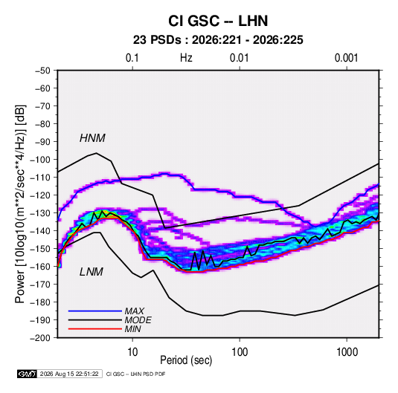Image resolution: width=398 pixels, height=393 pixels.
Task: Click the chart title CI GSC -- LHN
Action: [218, 21]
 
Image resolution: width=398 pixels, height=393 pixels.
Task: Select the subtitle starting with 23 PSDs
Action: [218, 40]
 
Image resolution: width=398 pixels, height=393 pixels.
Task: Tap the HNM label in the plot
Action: [92, 138]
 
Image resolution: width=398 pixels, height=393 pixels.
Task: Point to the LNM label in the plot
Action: [92, 272]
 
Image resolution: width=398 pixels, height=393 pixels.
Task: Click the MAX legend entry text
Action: [135, 311]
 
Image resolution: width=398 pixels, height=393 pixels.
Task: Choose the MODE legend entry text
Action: [138, 320]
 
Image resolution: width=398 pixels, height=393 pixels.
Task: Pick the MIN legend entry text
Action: [132, 329]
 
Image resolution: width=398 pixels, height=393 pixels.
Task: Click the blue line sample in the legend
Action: [95, 311]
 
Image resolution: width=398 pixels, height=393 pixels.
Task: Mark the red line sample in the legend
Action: [95, 329]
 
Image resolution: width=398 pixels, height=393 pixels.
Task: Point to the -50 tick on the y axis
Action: [42, 71]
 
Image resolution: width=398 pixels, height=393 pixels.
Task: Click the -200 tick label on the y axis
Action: [40, 338]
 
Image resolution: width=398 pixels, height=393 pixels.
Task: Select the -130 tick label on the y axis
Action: [40, 213]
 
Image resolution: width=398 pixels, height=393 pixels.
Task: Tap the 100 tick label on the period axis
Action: [240, 352]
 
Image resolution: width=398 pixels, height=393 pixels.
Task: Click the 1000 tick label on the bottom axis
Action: [347, 352]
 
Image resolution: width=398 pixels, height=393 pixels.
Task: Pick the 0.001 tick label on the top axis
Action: [346, 58]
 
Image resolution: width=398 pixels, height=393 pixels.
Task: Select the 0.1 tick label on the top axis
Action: [132, 58]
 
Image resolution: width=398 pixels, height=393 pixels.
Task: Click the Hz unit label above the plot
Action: [186, 58]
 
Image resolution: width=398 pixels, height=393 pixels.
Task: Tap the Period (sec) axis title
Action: [186, 360]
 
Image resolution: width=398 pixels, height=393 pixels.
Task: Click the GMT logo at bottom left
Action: [28, 374]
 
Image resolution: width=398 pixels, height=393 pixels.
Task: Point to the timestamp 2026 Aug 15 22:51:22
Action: [69, 374]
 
